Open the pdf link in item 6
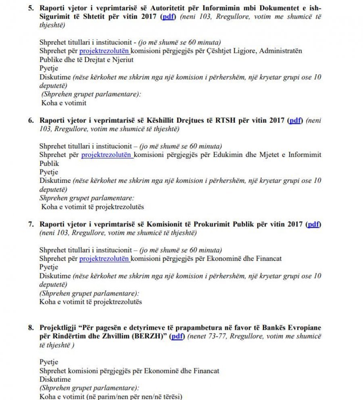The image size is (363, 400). point(295,121)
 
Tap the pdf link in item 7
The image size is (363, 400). point(313,224)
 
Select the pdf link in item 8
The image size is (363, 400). point(177,336)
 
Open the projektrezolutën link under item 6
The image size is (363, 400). point(107,155)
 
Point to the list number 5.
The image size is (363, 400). point(31,8)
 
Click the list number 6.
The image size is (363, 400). point(31,121)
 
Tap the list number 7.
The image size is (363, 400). point(31,224)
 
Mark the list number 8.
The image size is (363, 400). point(31,328)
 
